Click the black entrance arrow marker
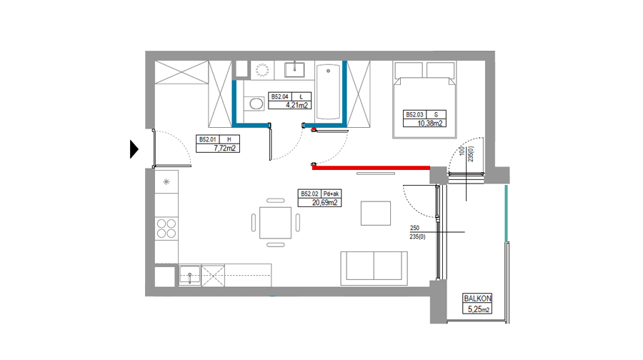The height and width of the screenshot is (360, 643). pyautogui.click(x=134, y=149)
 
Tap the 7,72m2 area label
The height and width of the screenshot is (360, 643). pyautogui.click(x=225, y=148)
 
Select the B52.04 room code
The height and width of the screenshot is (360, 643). pyautogui.click(x=279, y=96)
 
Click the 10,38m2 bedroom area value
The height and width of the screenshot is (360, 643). pyautogui.click(x=430, y=123)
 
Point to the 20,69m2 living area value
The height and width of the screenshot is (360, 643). pyautogui.click(x=325, y=202)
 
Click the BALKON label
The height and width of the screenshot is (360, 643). pyautogui.click(x=477, y=299)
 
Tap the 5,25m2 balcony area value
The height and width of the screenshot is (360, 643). pyautogui.click(x=479, y=309)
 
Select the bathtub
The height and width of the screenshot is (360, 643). pyautogui.click(x=328, y=91)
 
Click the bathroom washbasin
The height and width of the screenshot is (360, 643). pyautogui.click(x=294, y=70)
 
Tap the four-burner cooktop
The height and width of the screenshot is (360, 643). pyautogui.click(x=166, y=229)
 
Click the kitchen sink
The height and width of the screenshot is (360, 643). pyautogui.click(x=190, y=275)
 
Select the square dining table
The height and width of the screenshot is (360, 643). pyautogui.click(x=275, y=223)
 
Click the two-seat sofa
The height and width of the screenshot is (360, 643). pyautogui.click(x=374, y=268)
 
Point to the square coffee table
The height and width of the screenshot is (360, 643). pyautogui.click(x=376, y=213)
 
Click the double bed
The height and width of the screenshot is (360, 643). pyautogui.click(x=424, y=100)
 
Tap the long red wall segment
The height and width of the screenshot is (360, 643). pyautogui.click(x=371, y=167)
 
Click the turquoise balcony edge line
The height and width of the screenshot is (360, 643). pyautogui.click(x=507, y=214)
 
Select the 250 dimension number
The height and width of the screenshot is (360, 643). pyautogui.click(x=414, y=228)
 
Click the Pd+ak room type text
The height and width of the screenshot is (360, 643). pyautogui.click(x=332, y=194)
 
